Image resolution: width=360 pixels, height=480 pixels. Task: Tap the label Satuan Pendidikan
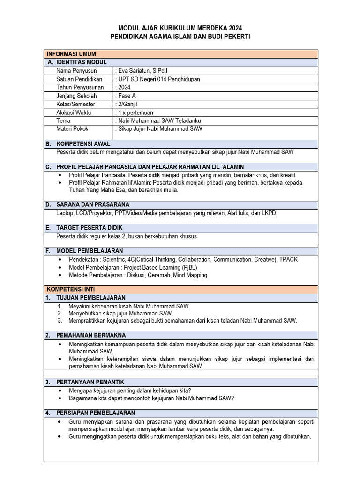[x=79, y=79]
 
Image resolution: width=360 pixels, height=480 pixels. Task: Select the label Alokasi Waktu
[x=74, y=112]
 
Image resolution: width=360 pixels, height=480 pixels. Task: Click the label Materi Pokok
[x=72, y=128]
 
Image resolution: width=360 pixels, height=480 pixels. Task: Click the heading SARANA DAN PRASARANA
[x=92, y=205]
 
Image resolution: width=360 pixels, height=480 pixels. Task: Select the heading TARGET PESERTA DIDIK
[x=89, y=228]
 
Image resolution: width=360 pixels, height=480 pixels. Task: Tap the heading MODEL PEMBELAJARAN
[x=90, y=251]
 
